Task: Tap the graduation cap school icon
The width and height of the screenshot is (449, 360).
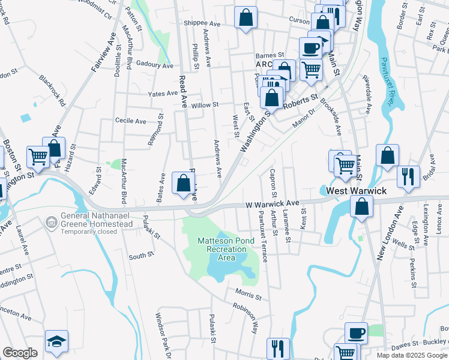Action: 56,341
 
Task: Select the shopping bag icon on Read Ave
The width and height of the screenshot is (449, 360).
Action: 183,183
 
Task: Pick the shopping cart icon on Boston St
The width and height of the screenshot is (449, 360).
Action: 38,157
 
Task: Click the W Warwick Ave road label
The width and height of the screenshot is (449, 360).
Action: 272,204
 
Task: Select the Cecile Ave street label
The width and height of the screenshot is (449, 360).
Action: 131,121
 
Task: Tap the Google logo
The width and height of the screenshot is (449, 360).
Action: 20,353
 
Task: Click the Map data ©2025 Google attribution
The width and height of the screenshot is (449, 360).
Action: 411,355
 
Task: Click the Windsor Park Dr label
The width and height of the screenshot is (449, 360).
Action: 164,334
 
